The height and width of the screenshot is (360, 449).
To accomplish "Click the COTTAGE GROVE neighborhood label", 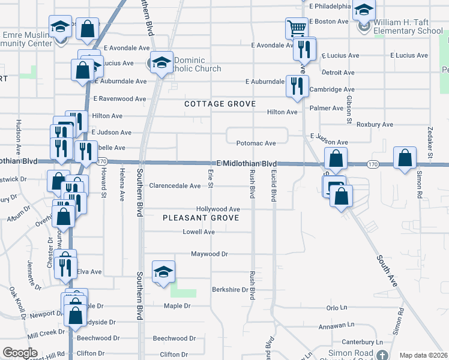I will point(220,104).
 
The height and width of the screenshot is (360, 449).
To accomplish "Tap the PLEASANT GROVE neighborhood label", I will point(200,218).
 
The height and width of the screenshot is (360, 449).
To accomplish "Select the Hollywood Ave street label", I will point(218,209).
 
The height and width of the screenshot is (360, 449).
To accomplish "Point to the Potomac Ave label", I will point(256,143).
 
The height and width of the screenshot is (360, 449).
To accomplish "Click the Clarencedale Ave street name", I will point(175,186).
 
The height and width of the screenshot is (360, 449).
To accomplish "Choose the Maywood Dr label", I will point(209,254).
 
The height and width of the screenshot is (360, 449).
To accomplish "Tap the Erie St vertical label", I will point(211,177).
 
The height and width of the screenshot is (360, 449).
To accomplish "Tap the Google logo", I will point(20,353).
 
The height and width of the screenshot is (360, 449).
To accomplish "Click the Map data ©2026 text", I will point(423,355).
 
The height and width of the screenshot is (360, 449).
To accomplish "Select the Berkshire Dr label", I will point(230,290).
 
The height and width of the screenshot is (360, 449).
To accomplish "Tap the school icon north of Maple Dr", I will point(163,272).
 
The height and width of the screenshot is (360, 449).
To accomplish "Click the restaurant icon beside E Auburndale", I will point(297,86).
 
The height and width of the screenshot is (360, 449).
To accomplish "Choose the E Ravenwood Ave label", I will point(119,99).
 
